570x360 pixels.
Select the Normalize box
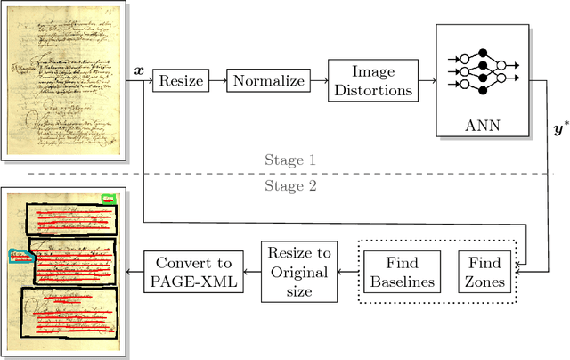click(x=268, y=81)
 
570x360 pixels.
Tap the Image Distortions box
click(x=373, y=81)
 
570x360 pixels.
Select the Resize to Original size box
click(x=298, y=270)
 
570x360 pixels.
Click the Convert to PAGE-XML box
click(x=193, y=271)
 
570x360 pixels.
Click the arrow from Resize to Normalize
click(x=216, y=81)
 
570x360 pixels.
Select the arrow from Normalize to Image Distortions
click(x=318, y=81)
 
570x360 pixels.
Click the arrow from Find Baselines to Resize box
click(x=346, y=271)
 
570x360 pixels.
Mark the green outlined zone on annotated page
click(x=109, y=199)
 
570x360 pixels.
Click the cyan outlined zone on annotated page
click(x=20, y=255)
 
